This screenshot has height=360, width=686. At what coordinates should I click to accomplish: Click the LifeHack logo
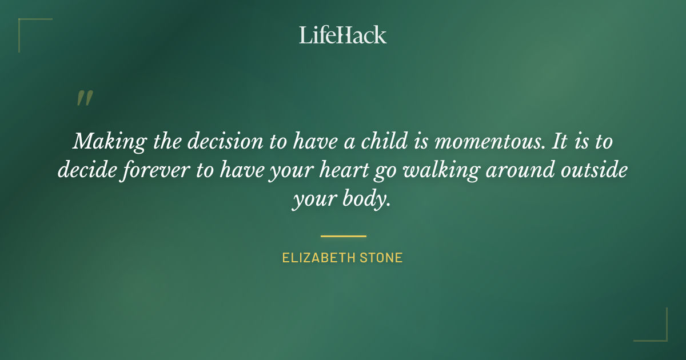pos(343,35)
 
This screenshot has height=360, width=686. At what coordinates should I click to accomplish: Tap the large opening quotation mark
pos(84,99)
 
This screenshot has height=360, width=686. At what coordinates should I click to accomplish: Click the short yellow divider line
pos(343,235)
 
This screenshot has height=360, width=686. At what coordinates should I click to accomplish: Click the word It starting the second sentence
pos(560,141)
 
